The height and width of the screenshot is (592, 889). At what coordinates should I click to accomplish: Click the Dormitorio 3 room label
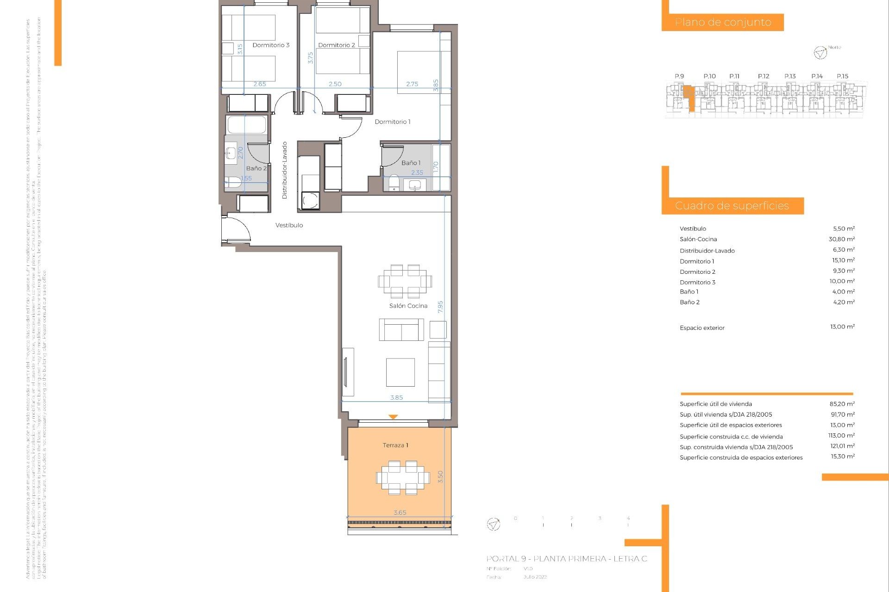pyautogui.click(x=271, y=45)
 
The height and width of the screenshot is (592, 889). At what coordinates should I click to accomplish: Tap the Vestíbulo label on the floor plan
pyautogui.click(x=289, y=225)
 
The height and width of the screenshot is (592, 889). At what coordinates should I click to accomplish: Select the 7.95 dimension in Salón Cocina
pyautogui.click(x=440, y=307)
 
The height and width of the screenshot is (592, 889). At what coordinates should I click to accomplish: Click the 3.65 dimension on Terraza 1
pyautogui.click(x=400, y=512)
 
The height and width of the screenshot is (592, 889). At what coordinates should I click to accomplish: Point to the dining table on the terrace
pyautogui.click(x=403, y=477)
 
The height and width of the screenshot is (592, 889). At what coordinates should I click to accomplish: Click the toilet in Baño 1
pyautogui.click(x=394, y=182)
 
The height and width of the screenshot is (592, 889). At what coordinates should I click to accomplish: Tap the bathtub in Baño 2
pyautogui.click(x=247, y=125)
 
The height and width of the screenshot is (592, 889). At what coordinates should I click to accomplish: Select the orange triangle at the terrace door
pyautogui.click(x=393, y=417)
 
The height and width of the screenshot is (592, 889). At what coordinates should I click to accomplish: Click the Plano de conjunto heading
pyautogui.click(x=723, y=22)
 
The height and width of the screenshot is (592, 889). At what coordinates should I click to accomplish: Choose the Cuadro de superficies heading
pyautogui.click(x=732, y=206)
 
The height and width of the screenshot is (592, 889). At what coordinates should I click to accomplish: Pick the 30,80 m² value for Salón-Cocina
pyautogui.click(x=841, y=239)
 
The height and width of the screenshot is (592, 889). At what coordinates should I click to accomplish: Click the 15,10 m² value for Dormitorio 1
pyautogui.click(x=843, y=260)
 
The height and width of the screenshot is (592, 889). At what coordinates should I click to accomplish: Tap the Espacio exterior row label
pyautogui.click(x=702, y=328)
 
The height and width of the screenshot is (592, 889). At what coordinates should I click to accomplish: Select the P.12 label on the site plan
pyautogui.click(x=764, y=76)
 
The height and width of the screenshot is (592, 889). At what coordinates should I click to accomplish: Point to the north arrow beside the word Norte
pyautogui.click(x=820, y=53)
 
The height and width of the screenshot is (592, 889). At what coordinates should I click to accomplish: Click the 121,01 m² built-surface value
pyautogui.click(x=842, y=446)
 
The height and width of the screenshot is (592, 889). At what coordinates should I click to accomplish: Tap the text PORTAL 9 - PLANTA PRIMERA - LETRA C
pyautogui.click(x=567, y=559)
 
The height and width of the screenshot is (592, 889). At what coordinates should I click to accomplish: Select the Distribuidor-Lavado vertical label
pyautogui.click(x=285, y=170)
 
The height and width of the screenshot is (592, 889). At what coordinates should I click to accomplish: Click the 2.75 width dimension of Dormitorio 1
pyautogui.click(x=412, y=84)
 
